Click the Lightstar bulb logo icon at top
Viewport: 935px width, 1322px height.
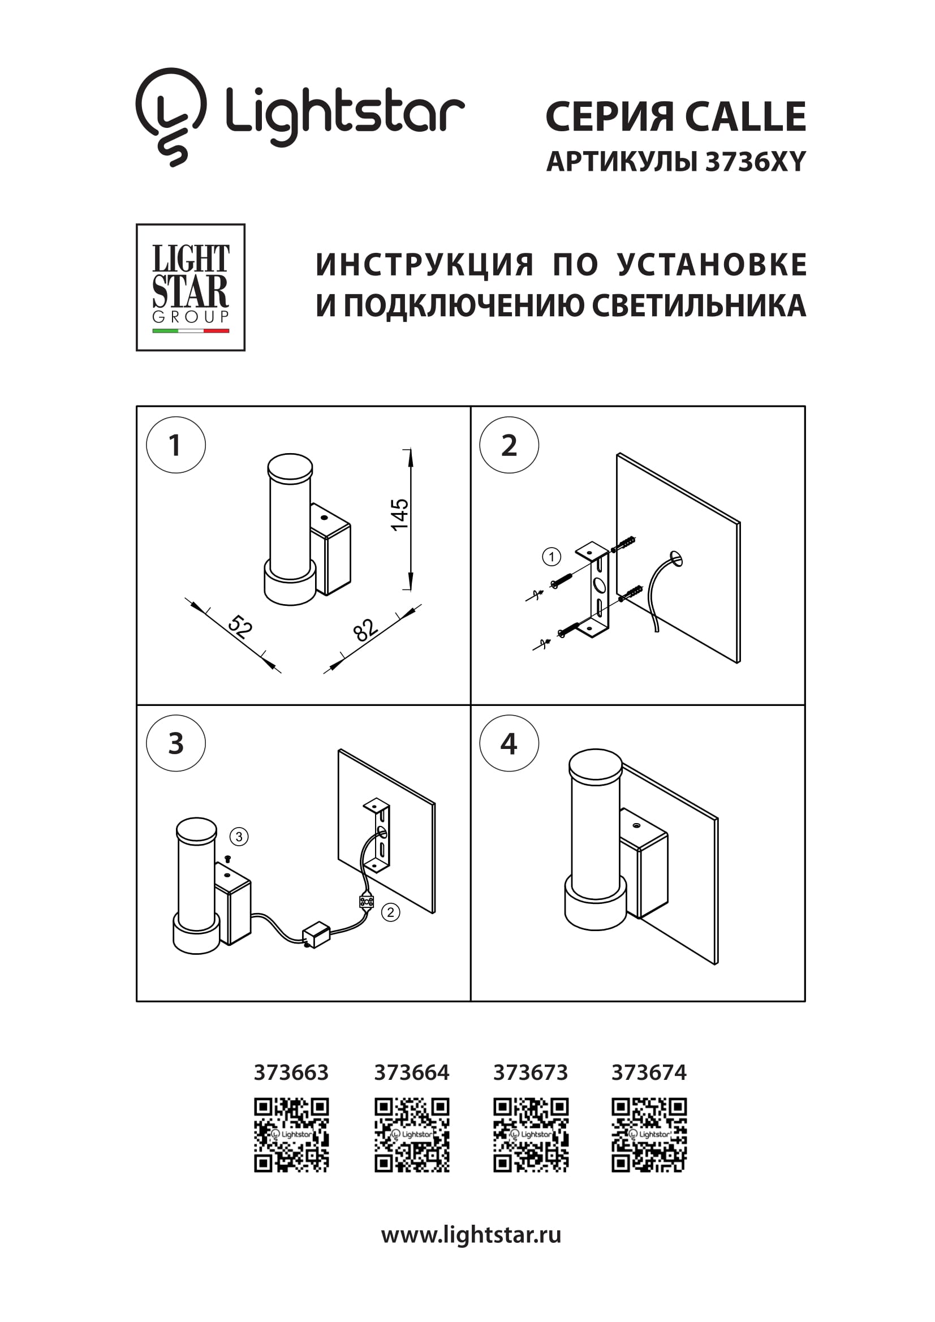tap(170, 117)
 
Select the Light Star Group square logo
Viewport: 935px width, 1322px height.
tap(191, 287)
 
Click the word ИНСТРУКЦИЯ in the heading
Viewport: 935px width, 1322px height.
tap(425, 265)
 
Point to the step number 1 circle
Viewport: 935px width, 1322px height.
tap(175, 445)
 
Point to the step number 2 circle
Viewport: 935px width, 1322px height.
tap(509, 445)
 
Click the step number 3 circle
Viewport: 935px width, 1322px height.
tap(175, 743)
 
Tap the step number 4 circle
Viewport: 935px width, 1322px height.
tap(509, 743)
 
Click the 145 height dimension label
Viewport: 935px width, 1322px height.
tap(399, 515)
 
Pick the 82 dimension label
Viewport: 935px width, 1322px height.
tap(365, 630)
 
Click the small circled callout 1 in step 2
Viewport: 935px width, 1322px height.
tap(551, 557)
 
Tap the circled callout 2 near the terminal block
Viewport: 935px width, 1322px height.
tap(390, 912)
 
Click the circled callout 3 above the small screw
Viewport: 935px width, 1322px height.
tap(239, 837)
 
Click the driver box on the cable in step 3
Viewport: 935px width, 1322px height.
tap(316, 935)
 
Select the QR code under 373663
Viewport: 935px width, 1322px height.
tap(291, 1135)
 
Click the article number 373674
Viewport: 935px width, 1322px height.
tap(649, 1072)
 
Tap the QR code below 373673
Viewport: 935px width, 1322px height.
tap(531, 1135)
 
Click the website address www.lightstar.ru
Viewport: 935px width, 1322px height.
tap(471, 1234)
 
